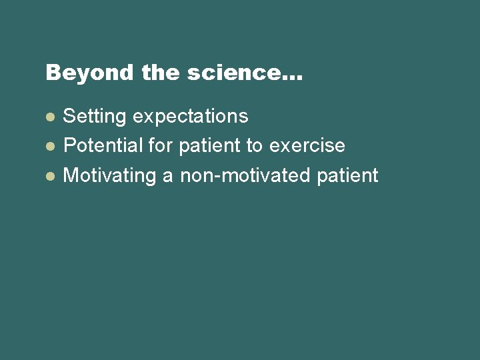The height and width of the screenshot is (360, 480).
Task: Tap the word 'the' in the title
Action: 161,73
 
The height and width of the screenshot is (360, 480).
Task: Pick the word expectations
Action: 191,117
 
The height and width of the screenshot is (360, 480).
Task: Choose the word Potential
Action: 103,145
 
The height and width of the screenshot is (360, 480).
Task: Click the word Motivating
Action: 110,176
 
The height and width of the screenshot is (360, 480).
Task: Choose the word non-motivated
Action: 245,176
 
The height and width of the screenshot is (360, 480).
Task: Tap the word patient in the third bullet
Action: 347,177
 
